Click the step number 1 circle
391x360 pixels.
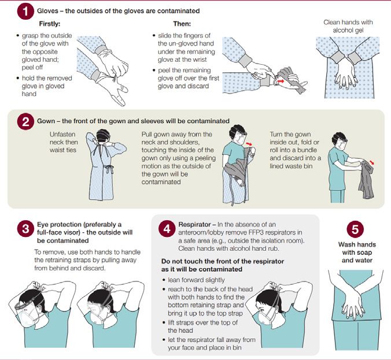point(25,11)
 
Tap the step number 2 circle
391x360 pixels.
point(25,121)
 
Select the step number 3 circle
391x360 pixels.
point(25,228)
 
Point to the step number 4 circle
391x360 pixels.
point(167,228)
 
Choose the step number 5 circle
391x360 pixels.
point(355,229)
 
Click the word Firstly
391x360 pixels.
point(50,24)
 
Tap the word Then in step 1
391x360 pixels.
point(182,24)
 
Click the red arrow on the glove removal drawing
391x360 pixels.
point(281,81)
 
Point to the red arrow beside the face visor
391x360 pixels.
point(249,144)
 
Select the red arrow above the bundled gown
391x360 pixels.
point(372,163)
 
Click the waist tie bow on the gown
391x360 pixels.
point(109,169)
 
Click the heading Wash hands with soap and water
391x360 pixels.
point(357,253)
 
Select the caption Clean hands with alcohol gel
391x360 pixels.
point(348,26)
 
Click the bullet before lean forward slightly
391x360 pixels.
point(164,280)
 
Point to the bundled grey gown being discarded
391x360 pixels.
point(366,179)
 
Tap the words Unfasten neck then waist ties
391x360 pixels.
point(64,142)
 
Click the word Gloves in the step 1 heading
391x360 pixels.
point(47,11)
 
